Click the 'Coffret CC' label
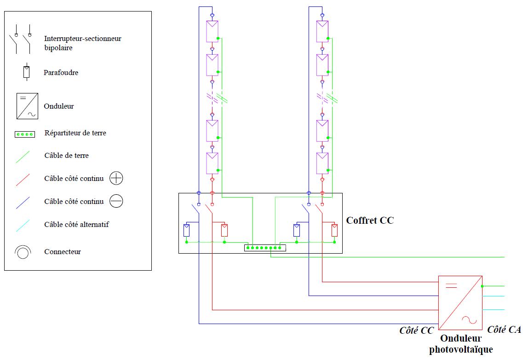[370, 220]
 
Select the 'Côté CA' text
[504, 330]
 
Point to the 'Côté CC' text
[416, 330]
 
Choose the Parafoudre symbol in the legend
[27, 72]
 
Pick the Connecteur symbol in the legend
[23, 252]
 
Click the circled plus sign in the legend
[116, 178]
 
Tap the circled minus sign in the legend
[116, 201]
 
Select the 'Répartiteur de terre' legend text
[75, 133]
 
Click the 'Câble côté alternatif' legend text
[76, 225]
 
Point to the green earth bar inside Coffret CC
[265, 248]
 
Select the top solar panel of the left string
[212, 31]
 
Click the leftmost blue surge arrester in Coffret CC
[186, 229]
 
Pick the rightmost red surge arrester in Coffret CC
[335, 229]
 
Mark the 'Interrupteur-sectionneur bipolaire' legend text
[83, 43]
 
